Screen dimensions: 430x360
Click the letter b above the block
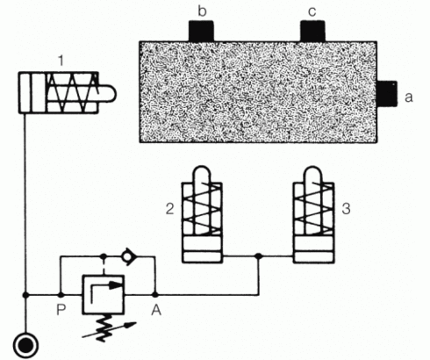pos(202,11)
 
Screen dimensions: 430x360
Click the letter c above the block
pos(312,12)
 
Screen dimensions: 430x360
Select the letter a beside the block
pos(409,97)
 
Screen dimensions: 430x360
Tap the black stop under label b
pos(201,32)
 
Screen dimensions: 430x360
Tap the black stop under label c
pos(312,32)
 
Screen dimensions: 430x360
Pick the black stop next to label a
pos(386,94)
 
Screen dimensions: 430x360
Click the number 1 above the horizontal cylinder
pos(61,61)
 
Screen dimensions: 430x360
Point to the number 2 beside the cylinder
pos(169,209)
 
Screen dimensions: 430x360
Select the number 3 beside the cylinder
pos(346,209)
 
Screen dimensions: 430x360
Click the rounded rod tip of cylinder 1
pos(107,94)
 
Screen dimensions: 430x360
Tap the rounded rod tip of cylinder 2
pos(202,175)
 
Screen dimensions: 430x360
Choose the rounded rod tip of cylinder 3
pos(313,175)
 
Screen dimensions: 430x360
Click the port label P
pos(61,310)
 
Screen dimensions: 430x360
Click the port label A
pos(156,310)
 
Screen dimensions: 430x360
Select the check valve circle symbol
pos(127,256)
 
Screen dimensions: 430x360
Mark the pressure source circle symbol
pos(26,346)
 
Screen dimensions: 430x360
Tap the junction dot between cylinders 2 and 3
pos(258,256)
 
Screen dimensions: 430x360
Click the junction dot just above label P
pos(61,295)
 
